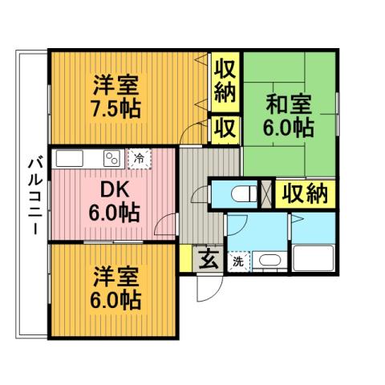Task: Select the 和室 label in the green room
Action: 288,104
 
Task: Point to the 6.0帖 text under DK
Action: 115,214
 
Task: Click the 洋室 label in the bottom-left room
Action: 115,277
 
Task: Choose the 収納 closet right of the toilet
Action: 305,193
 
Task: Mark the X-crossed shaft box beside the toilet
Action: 266,194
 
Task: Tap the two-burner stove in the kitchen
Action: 110,157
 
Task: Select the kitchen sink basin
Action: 68,157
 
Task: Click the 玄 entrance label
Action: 207,259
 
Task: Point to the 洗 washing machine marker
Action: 238,261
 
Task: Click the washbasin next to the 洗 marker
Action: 266,261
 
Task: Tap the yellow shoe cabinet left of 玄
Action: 185,259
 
